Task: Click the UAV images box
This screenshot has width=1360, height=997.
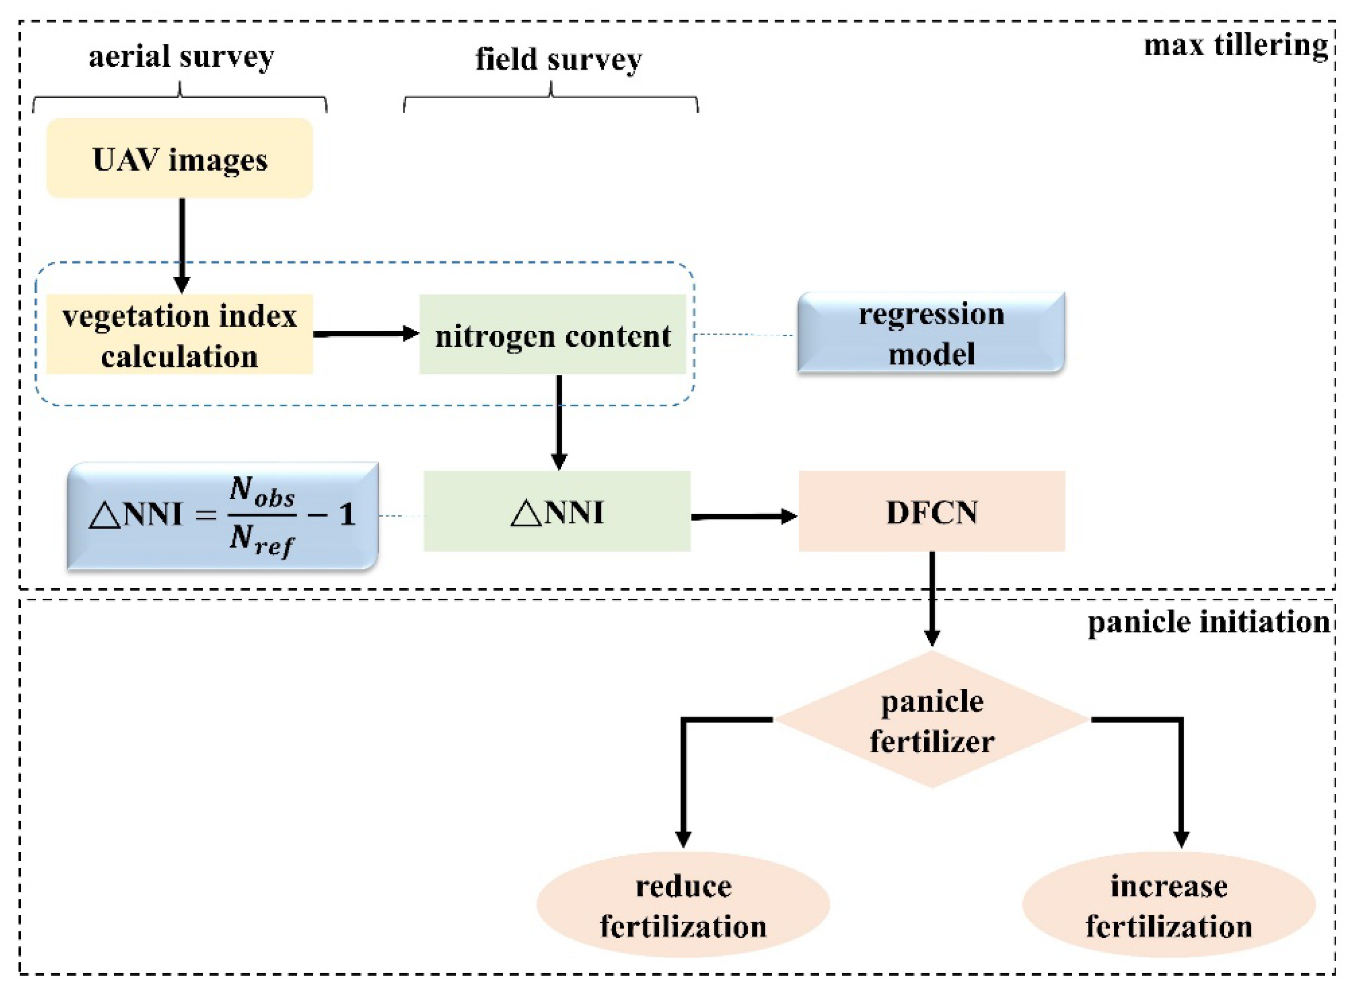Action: coord(180,158)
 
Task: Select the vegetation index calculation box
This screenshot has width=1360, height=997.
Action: coord(180,334)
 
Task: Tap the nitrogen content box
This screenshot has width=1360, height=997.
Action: coord(553,334)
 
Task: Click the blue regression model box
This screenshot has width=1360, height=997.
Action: coord(931,333)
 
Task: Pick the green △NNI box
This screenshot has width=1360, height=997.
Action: coord(556,511)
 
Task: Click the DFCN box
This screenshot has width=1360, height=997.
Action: coord(931,511)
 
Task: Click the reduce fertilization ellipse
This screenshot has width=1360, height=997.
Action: coord(683,905)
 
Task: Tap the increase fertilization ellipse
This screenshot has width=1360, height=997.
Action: coord(1169,905)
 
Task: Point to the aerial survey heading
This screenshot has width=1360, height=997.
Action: coord(181,57)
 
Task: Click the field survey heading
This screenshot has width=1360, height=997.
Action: coord(558,60)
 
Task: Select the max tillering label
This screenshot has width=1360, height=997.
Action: coord(1236,45)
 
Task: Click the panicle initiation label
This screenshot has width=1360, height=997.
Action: coord(1208,622)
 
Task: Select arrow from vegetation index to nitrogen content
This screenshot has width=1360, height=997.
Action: coord(366,334)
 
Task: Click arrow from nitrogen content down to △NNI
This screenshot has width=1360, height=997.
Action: coord(559,422)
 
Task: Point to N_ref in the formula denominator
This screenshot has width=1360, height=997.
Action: coord(261,539)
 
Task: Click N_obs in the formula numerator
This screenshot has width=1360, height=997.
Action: coord(262,492)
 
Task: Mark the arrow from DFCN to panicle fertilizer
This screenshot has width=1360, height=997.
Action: coord(932,597)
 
